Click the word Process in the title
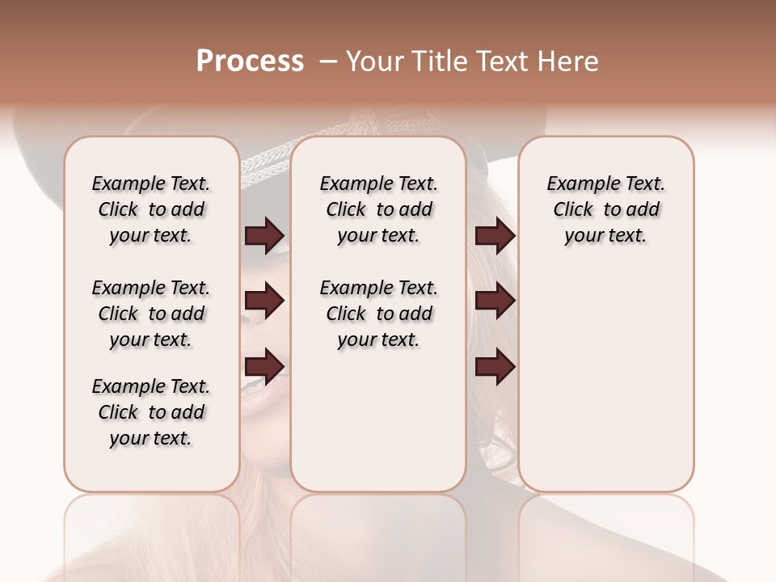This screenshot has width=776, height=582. click(x=250, y=61)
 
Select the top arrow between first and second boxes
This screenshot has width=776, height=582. click(x=265, y=236)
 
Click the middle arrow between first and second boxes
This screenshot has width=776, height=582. click(x=265, y=302)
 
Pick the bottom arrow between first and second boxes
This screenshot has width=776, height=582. click(x=265, y=366)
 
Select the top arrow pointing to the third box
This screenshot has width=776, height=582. click(x=495, y=236)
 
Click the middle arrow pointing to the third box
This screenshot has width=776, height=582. click(x=495, y=302)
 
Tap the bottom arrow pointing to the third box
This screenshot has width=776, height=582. click(x=495, y=366)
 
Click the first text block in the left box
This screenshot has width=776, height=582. click(x=151, y=209)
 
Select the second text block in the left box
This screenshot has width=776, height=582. click(x=151, y=314)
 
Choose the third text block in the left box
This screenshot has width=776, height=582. click(x=151, y=412)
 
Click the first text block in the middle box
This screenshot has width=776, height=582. click(x=378, y=209)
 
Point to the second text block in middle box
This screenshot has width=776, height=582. click(x=378, y=314)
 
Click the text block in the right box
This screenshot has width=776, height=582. click(x=605, y=209)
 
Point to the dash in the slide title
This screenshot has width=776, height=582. click(x=328, y=62)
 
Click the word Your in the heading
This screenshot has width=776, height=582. click(x=373, y=61)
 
